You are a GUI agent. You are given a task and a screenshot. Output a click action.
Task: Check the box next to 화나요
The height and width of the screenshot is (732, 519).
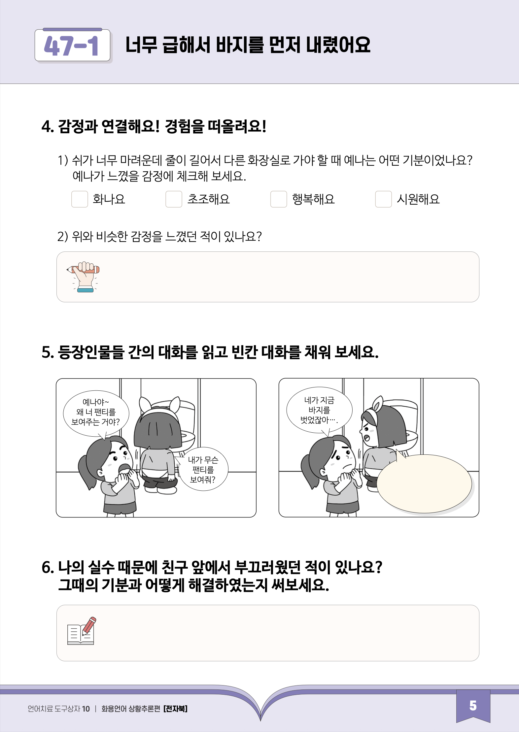click(80, 199)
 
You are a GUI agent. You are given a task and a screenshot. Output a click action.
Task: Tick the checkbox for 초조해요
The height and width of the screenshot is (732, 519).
click(174, 199)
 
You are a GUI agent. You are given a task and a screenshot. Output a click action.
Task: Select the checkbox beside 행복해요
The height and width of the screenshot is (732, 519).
click(279, 199)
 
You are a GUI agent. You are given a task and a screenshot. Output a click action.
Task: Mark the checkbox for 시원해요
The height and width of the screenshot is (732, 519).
click(383, 199)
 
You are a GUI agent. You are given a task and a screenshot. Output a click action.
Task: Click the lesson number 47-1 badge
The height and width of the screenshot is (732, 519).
click(72, 45)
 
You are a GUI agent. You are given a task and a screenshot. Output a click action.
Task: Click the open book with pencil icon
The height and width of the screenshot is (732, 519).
click(82, 631)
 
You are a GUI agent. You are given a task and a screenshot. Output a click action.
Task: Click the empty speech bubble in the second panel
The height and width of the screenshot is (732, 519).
click(424, 483)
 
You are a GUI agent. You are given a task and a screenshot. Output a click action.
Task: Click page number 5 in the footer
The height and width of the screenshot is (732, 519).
click(473, 706)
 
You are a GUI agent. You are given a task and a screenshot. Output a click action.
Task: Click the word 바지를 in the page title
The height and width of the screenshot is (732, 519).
click(240, 45)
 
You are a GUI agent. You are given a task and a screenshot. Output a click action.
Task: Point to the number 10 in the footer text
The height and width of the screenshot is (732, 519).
click(86, 709)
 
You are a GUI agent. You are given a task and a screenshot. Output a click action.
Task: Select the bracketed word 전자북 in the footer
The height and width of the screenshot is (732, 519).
click(175, 709)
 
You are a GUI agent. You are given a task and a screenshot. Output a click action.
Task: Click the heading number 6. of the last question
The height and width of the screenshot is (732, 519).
click(48, 568)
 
